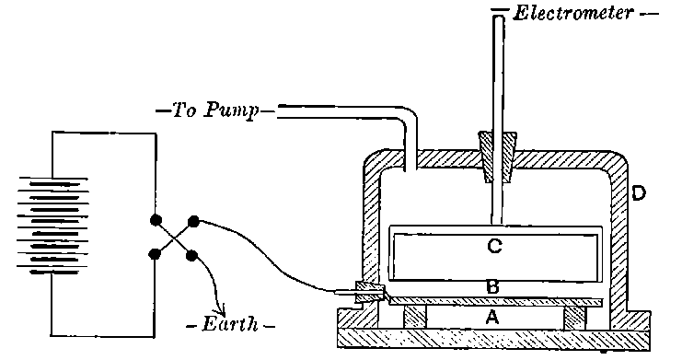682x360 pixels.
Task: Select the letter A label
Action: tap(491, 318)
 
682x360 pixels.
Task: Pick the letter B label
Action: tap(492, 288)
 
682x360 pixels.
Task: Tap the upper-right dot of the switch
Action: tap(193, 221)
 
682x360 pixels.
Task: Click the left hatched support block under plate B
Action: tap(415, 316)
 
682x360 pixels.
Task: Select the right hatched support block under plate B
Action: tap(574, 316)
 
